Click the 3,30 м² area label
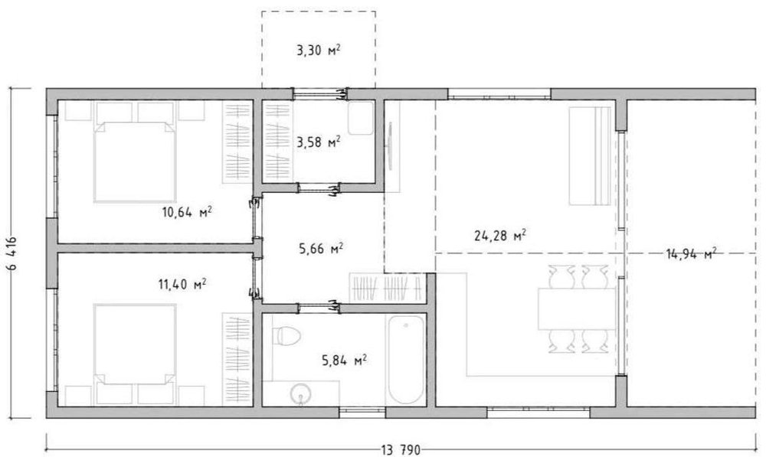(319, 50)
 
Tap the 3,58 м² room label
(319, 142)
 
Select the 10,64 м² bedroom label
(187, 212)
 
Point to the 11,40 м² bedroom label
(182, 284)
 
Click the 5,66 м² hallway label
(320, 249)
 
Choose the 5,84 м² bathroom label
(345, 361)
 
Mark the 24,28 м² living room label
(500, 236)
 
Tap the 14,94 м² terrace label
(691, 253)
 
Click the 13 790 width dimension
(401, 449)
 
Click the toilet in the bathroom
(286, 336)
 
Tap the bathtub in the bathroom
(406, 360)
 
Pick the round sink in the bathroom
(300, 393)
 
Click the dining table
(577, 309)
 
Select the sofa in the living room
(590, 155)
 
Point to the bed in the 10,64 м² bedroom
(135, 162)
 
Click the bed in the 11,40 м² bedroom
(135, 344)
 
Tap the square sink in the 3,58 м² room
(361, 118)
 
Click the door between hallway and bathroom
(319, 308)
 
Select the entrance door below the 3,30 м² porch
(320, 93)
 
